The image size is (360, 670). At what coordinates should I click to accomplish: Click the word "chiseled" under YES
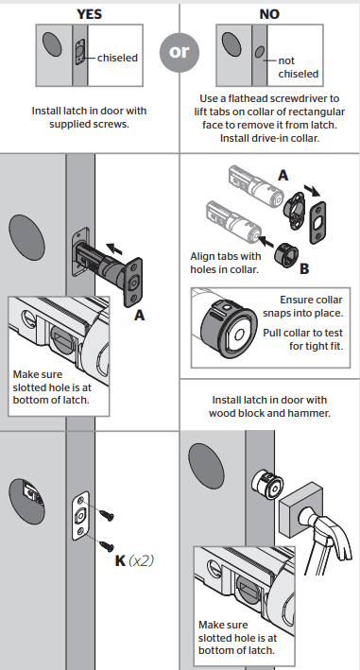(117, 58)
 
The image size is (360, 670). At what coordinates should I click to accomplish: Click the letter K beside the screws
(119, 559)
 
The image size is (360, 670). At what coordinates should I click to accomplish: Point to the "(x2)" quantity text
(141, 559)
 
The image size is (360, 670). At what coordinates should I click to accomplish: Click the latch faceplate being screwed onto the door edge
(81, 518)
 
